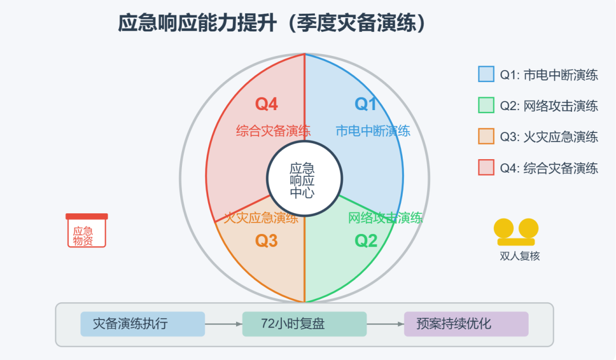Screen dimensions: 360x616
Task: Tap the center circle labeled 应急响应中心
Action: (x=305, y=179)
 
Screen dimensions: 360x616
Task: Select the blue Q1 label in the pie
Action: (x=366, y=104)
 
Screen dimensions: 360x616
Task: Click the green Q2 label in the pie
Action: (x=366, y=241)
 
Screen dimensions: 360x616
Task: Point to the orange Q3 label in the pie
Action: (x=266, y=241)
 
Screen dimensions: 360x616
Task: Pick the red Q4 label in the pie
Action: (x=266, y=104)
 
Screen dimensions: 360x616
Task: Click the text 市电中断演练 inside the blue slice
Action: (x=373, y=131)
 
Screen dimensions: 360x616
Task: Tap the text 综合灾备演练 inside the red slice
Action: (x=273, y=131)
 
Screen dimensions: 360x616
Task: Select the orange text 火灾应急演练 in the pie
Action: (x=261, y=217)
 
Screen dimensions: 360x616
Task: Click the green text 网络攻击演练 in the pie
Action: (x=386, y=217)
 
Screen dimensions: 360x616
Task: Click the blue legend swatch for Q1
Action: (x=486, y=74)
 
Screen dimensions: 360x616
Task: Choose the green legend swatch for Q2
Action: (x=486, y=105)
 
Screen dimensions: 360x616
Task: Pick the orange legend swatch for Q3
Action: (x=486, y=136)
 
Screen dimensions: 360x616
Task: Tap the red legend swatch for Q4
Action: (x=486, y=167)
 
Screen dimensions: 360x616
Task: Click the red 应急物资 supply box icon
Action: (x=87, y=230)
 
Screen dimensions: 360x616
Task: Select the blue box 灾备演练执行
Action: (x=142, y=324)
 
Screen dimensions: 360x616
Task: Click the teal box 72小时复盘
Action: (x=304, y=324)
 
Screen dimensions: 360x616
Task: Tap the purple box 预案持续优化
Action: (x=466, y=324)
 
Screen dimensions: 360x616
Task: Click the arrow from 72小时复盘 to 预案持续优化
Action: (x=385, y=324)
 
